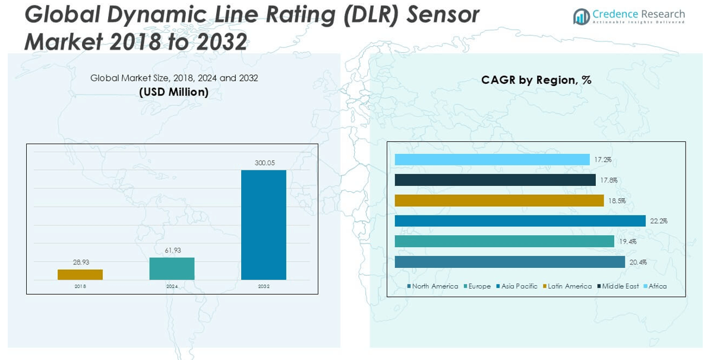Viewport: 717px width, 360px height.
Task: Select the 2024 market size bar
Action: point(172,269)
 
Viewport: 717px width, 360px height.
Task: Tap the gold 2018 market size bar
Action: point(80,274)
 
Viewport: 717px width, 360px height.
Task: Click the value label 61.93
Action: point(173,250)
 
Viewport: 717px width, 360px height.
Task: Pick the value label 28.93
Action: point(81,262)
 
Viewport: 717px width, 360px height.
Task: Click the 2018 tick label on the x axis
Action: point(80,286)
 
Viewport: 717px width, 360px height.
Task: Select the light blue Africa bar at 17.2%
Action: point(492,160)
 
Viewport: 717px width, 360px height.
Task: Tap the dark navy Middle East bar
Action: point(495,180)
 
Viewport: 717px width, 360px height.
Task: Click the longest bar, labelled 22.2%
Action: point(520,221)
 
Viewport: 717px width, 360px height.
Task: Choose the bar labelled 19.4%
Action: point(504,241)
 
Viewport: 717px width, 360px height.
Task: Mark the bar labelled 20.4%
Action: point(510,262)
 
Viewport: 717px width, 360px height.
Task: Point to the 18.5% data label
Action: point(617,201)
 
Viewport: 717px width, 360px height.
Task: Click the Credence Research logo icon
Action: point(581,17)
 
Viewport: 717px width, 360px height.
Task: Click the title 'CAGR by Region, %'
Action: point(536,80)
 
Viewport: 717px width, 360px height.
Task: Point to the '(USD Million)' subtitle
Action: point(173,92)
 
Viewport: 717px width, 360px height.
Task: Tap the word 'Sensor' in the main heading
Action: point(443,14)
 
